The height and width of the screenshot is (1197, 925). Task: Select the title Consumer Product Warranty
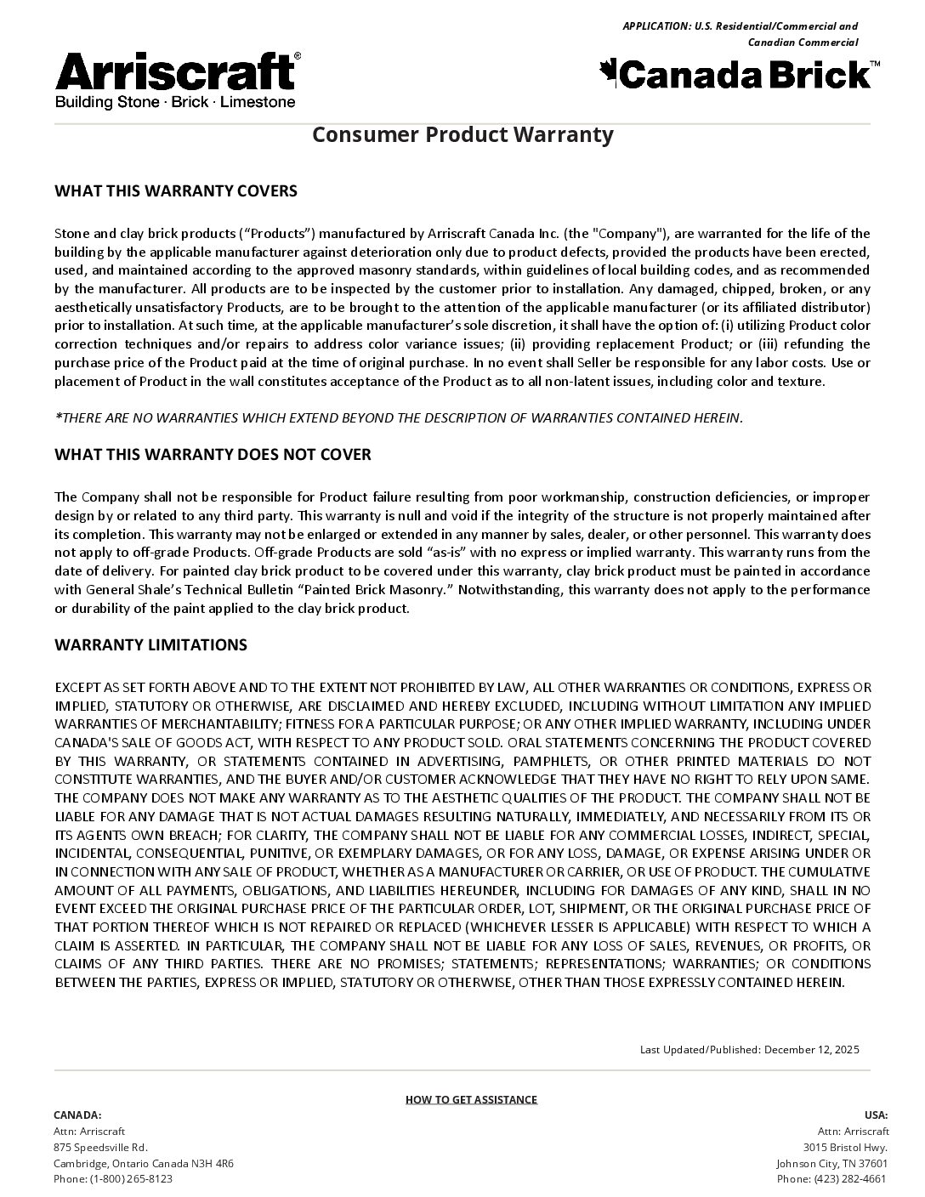(x=462, y=134)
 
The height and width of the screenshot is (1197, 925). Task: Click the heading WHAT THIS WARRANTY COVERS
(x=176, y=190)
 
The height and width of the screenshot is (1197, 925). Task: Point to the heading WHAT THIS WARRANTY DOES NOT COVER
(x=213, y=454)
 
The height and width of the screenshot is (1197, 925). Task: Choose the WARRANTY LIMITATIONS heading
(x=150, y=644)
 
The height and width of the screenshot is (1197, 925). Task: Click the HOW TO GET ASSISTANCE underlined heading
(x=471, y=1099)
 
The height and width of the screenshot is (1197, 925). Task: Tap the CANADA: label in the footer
(x=77, y=1115)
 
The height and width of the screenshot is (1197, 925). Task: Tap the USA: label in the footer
(x=876, y=1115)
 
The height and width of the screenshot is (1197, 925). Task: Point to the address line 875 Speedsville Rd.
(x=100, y=1147)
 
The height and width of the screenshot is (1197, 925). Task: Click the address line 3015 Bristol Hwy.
(x=845, y=1147)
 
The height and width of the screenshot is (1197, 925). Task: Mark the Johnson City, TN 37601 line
(x=831, y=1163)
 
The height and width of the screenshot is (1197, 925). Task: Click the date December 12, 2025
(x=811, y=1049)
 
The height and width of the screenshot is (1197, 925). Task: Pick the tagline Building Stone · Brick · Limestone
(x=175, y=102)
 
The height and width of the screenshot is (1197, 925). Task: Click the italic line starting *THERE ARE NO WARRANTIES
(x=399, y=417)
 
